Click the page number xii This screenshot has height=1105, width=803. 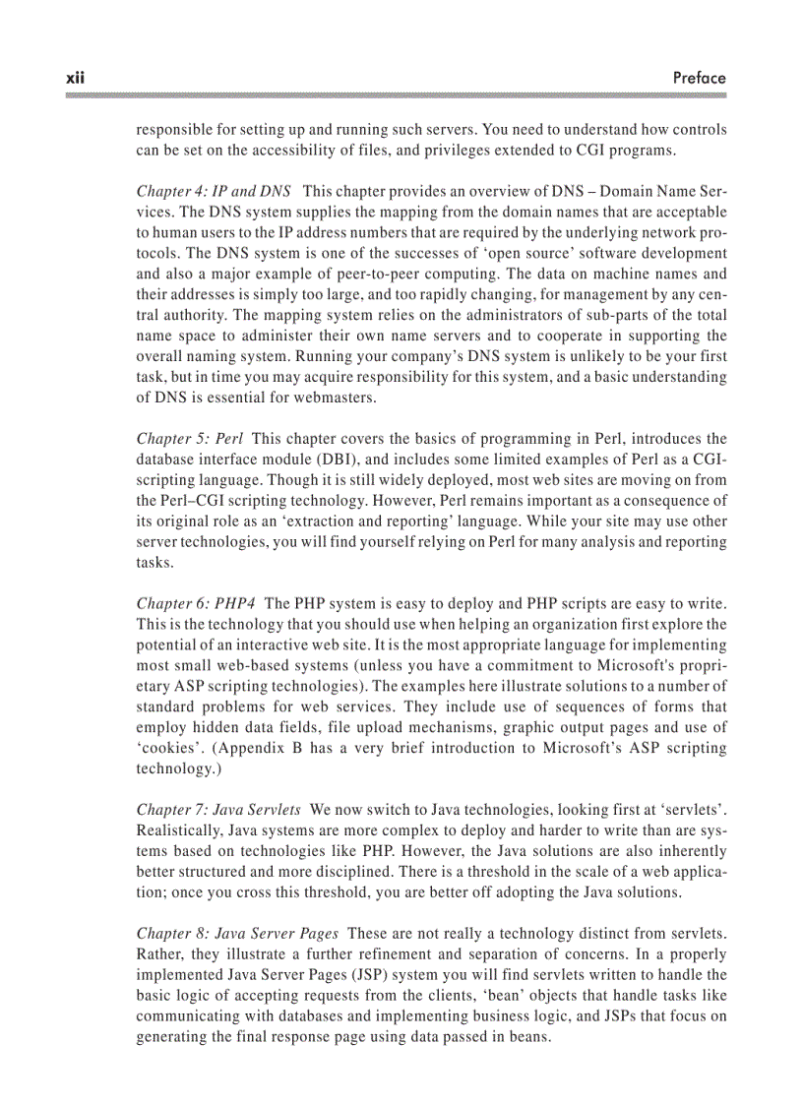(74, 77)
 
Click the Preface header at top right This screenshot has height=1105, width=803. (700, 77)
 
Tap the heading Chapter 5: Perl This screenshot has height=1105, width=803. (189, 438)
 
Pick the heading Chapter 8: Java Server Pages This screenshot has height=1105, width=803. (237, 934)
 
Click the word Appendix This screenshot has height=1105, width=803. (247, 749)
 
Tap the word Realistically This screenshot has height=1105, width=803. (178, 830)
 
